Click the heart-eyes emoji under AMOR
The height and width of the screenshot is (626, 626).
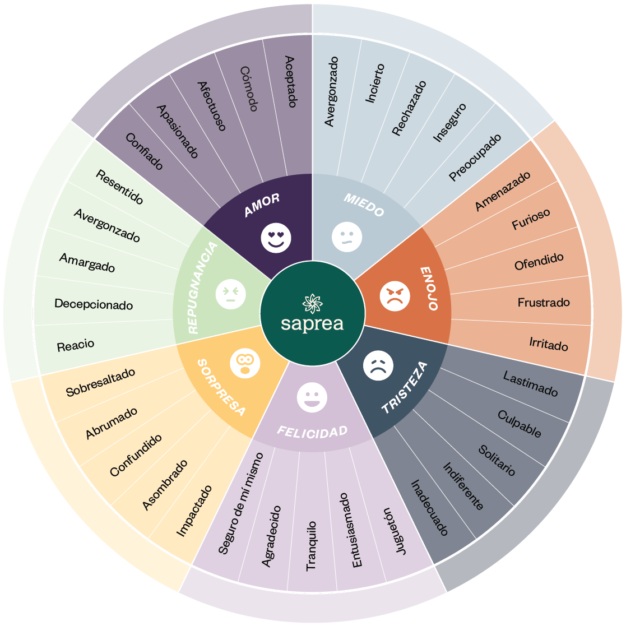(276, 237)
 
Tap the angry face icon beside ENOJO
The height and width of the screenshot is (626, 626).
(395, 296)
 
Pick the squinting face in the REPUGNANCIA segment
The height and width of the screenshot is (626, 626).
(230, 293)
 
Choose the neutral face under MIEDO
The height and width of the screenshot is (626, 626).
(347, 237)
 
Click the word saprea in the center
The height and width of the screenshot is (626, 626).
(312, 324)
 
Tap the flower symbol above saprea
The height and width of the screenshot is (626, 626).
(313, 303)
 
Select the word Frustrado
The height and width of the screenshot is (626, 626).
(543, 303)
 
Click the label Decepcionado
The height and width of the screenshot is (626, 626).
(94, 305)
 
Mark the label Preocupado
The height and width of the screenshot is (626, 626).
(475, 157)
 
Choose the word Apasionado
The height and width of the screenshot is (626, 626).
(177, 131)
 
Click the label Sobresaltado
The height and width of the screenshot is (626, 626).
(100, 383)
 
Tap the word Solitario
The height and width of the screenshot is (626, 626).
(497, 460)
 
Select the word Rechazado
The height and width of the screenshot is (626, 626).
(409, 108)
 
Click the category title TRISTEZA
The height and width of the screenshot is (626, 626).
(405, 387)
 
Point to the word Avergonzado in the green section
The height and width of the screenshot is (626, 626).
(106, 225)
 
